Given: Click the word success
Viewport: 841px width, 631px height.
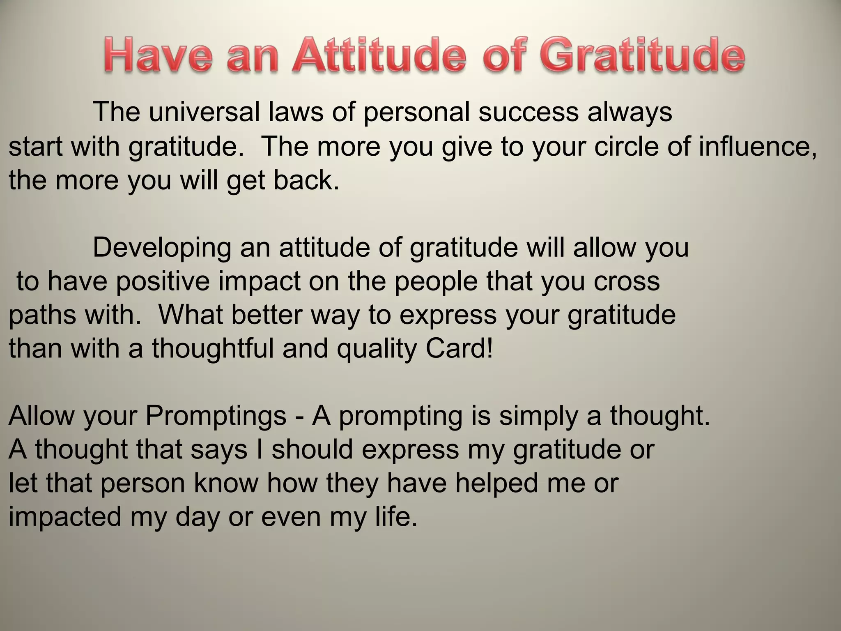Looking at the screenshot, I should tap(528, 112).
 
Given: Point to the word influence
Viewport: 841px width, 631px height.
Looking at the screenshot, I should tap(757, 146).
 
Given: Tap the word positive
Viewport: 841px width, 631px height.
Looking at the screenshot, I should tap(162, 282).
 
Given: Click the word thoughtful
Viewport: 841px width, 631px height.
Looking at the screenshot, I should tap(213, 349).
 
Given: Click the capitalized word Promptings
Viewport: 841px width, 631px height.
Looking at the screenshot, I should tap(216, 416).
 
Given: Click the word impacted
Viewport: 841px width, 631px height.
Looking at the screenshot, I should tap(65, 517).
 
